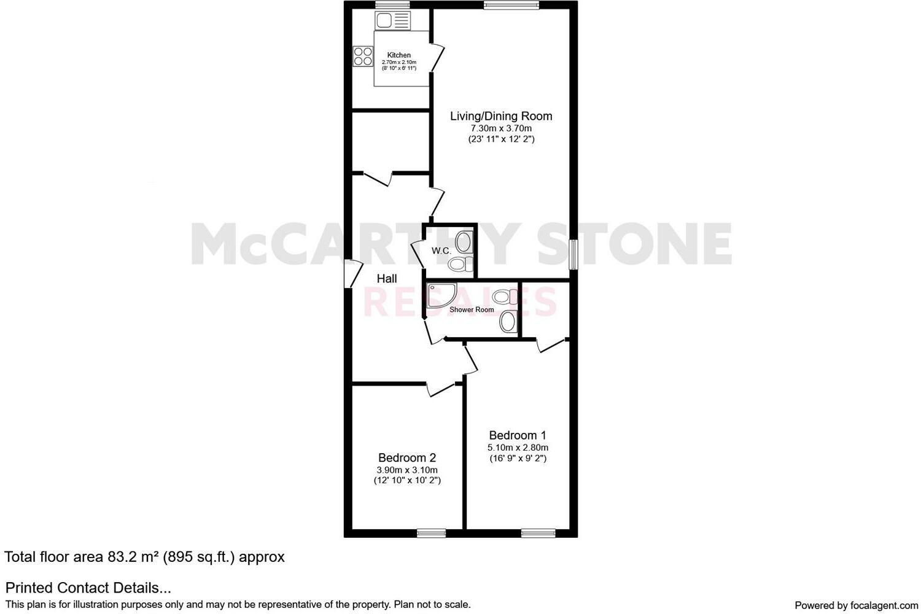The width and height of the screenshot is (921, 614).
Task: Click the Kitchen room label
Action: (x=398, y=55)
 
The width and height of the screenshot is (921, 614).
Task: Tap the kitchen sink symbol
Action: (x=392, y=21)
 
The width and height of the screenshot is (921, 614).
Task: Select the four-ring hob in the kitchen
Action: (x=363, y=56)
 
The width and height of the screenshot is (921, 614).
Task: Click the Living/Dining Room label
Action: (x=501, y=116)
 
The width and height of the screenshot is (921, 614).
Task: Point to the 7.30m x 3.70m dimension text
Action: (x=501, y=128)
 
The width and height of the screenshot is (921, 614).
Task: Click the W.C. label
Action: (x=441, y=251)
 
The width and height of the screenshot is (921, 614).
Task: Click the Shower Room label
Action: (x=472, y=309)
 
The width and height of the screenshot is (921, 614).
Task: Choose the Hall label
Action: (x=387, y=279)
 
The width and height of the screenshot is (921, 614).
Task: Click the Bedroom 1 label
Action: (x=518, y=435)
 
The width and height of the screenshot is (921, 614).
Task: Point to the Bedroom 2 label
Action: (x=407, y=457)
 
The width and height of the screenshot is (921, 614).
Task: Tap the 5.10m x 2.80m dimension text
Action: (x=518, y=448)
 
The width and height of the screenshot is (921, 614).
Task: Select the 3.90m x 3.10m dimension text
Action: (x=407, y=470)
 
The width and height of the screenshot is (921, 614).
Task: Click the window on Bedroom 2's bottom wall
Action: (x=431, y=533)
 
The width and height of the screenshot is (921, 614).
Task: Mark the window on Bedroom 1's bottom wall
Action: (x=538, y=533)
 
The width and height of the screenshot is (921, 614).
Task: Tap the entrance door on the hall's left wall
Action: (x=352, y=273)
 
